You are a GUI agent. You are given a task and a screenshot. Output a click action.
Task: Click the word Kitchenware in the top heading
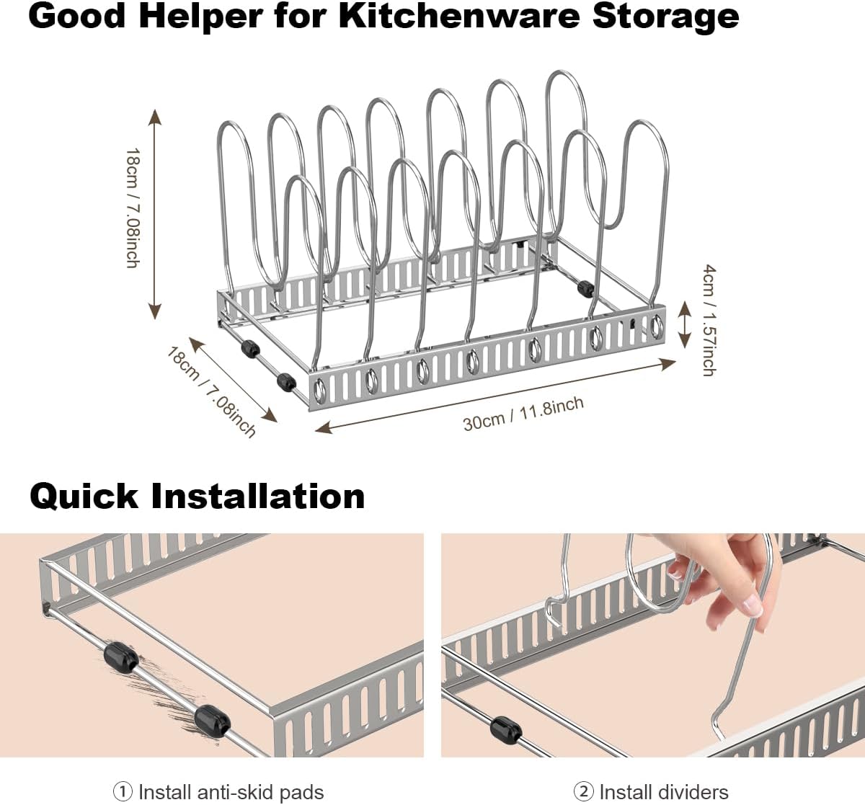coord(459,16)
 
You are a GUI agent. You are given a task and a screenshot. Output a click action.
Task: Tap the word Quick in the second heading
coord(84,497)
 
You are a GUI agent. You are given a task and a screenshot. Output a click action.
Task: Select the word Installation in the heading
coord(258,497)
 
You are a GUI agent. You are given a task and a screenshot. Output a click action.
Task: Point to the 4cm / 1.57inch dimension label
coord(709,320)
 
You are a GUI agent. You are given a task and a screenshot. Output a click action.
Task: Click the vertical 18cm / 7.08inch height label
coord(132,208)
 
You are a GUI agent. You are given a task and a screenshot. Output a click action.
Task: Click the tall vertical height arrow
coord(154,214)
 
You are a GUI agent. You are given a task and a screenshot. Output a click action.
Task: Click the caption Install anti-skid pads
coord(231,792)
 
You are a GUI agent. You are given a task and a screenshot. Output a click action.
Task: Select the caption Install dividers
coord(663,792)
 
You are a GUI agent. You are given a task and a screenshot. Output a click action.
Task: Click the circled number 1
coord(123,792)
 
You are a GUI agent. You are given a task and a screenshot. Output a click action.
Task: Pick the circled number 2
coord(583,792)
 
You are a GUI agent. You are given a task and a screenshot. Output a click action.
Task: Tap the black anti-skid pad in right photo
coord(505,729)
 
